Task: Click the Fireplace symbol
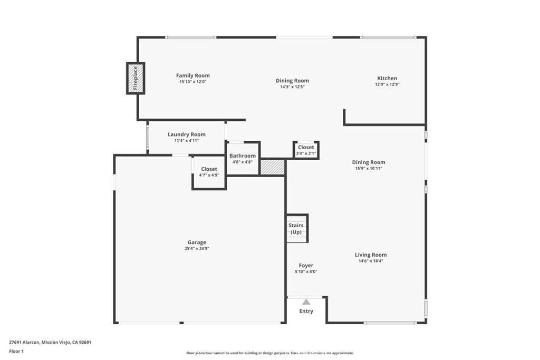136,78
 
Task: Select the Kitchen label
387,78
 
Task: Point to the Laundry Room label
187,134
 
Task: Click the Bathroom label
243,155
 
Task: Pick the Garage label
197,242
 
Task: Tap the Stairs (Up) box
296,229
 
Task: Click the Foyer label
306,266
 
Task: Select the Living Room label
371,255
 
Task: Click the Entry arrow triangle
306,302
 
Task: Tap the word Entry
306,311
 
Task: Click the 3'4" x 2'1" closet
306,150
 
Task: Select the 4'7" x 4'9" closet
209,172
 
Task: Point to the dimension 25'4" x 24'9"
197,249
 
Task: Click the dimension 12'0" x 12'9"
387,84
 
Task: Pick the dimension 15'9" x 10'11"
369,169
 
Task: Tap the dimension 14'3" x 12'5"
292,87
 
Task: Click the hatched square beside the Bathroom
273,167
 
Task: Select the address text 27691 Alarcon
25,342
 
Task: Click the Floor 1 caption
16,351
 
